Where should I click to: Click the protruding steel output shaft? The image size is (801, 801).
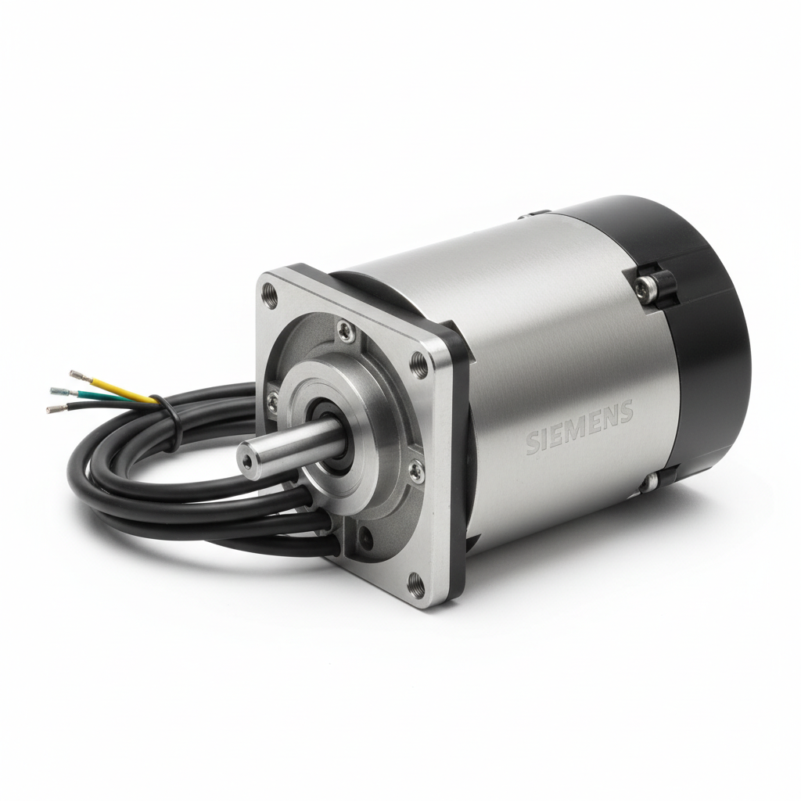[x=289, y=443]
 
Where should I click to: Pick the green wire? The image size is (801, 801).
[x=102, y=395]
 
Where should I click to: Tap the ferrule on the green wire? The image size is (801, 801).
[x=59, y=390]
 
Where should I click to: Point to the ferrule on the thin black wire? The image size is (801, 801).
[x=56, y=408]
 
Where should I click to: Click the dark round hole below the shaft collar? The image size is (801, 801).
[x=365, y=537]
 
